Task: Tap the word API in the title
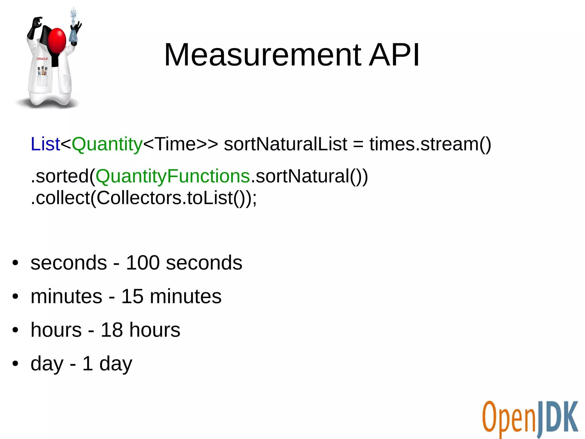(x=394, y=55)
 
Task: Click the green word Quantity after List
(x=107, y=144)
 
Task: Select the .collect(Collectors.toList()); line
(x=144, y=198)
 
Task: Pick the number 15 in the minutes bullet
(x=132, y=296)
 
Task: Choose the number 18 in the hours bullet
(x=112, y=330)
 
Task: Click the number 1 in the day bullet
(x=87, y=364)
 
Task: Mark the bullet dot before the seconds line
(x=15, y=263)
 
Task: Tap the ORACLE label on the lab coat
(x=42, y=59)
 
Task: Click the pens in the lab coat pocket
(x=43, y=71)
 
